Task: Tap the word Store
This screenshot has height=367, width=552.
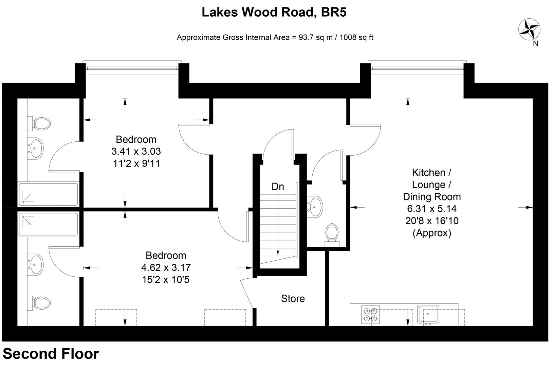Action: point(293,299)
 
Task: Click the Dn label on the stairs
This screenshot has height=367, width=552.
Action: point(278,187)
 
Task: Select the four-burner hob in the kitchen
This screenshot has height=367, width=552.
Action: point(370,314)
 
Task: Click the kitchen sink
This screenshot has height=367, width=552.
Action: point(428,314)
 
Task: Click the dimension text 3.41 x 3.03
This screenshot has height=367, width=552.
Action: point(136,152)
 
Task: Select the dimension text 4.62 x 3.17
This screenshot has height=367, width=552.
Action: point(166,268)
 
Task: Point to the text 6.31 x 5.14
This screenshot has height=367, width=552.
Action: point(431,209)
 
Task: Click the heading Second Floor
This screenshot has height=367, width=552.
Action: point(51,354)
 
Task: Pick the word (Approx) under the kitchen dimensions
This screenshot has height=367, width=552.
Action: point(431,233)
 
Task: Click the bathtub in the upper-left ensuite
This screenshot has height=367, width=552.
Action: point(48,194)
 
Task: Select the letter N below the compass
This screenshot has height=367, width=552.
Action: point(535,43)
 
